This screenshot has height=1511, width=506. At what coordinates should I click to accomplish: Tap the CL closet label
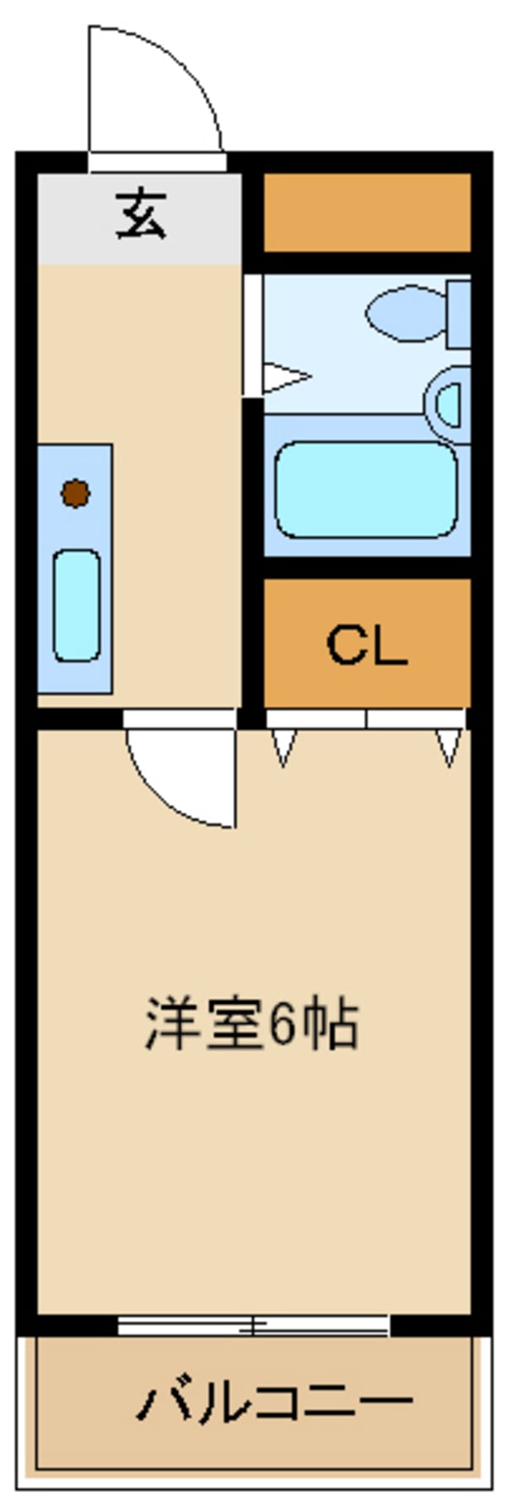[367, 645]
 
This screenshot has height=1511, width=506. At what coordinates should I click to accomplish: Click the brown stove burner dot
[76, 494]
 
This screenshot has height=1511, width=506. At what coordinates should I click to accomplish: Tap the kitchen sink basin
[77, 604]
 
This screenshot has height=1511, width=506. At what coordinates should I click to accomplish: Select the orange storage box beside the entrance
[367, 213]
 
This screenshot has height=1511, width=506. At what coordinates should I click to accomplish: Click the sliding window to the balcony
[253, 1325]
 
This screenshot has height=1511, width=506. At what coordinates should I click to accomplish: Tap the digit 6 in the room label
[283, 1025]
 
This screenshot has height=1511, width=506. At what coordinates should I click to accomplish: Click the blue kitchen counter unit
[74, 568]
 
